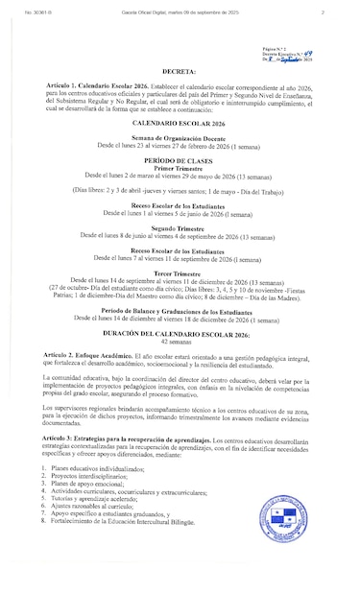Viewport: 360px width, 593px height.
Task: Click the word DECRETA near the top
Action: (180, 70)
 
